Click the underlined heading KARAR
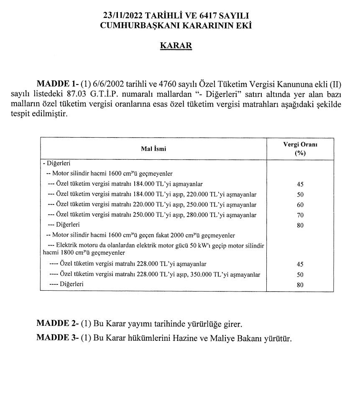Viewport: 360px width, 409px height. click(176, 46)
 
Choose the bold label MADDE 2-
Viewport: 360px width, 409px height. click(56, 324)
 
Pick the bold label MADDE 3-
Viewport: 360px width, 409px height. click(56, 337)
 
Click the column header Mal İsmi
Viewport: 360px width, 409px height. click(153, 148)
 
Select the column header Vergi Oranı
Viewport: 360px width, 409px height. click(300, 144)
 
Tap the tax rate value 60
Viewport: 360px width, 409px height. click(300, 205)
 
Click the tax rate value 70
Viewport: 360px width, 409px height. click(300, 215)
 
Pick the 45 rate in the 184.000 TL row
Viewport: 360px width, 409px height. click(300, 184)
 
